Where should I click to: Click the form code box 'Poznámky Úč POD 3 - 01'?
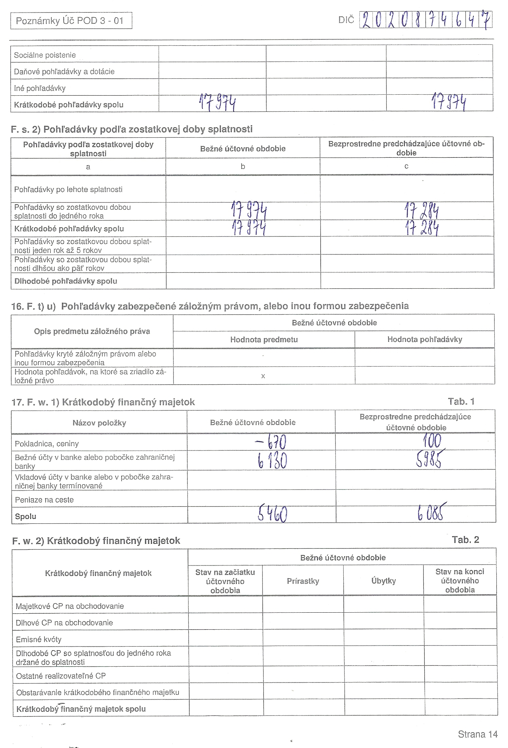click(71, 21)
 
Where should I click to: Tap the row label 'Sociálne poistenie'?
click(45, 55)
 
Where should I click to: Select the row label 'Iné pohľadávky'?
click(40, 89)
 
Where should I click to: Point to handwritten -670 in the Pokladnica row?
click(271, 442)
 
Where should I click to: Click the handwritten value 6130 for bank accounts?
click(272, 461)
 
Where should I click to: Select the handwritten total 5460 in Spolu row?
click(272, 514)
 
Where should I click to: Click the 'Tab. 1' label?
click(461, 402)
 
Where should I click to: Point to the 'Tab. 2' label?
click(465, 540)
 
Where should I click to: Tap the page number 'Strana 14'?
click(477, 734)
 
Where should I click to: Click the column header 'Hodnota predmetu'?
click(264, 340)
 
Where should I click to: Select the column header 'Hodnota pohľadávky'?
click(424, 339)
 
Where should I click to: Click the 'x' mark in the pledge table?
click(263, 376)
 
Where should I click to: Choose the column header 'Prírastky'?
click(303, 581)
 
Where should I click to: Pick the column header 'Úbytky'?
click(383, 581)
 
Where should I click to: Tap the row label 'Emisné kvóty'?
click(39, 639)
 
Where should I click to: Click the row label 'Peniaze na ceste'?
click(44, 500)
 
